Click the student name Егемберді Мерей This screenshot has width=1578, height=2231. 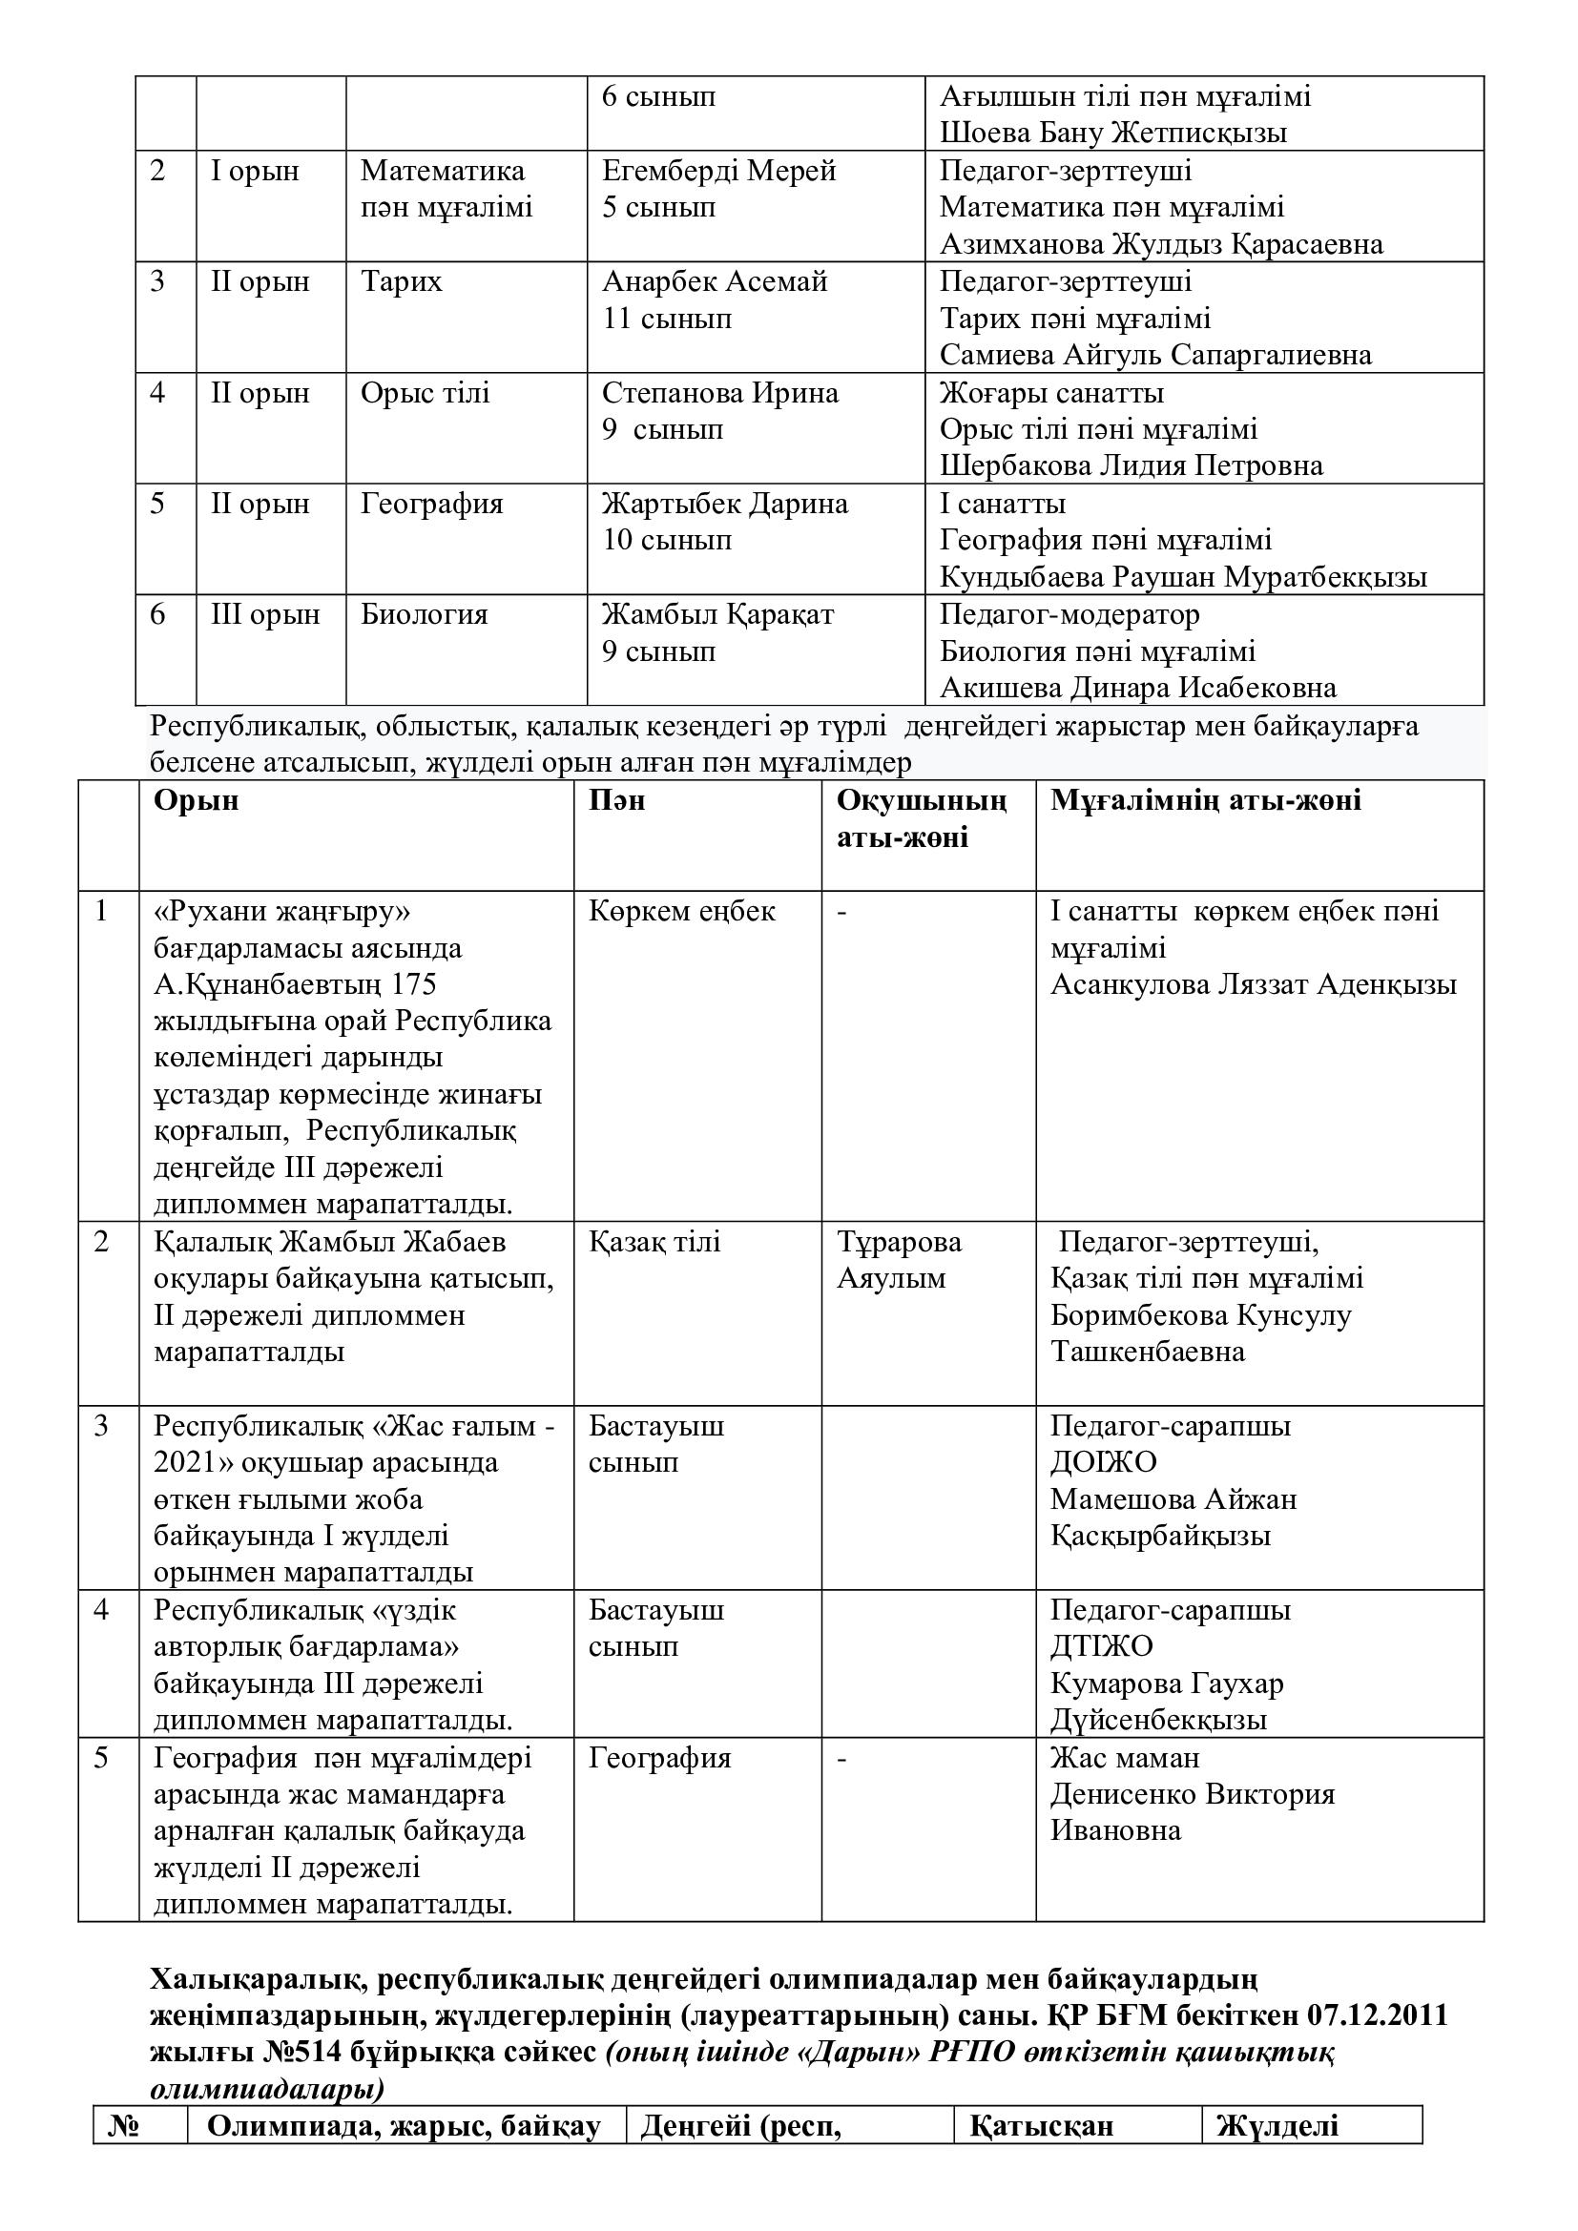tap(718, 172)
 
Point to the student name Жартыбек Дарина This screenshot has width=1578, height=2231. tap(724, 505)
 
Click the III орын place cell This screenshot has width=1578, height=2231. tap(264, 615)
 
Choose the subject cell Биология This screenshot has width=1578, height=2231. tap(424, 615)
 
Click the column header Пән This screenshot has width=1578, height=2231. tap(616, 800)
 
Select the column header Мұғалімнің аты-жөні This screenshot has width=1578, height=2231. tap(1205, 800)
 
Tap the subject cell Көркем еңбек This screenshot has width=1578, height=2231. tap(681, 912)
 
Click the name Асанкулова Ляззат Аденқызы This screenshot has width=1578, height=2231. tap(1253, 985)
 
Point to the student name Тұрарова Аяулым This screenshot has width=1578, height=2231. tap(899, 1260)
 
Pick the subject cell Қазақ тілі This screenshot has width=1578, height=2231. tap(654, 1243)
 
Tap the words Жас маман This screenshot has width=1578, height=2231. tap(1124, 1758)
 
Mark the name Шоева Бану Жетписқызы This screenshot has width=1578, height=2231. tap(1112, 134)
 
